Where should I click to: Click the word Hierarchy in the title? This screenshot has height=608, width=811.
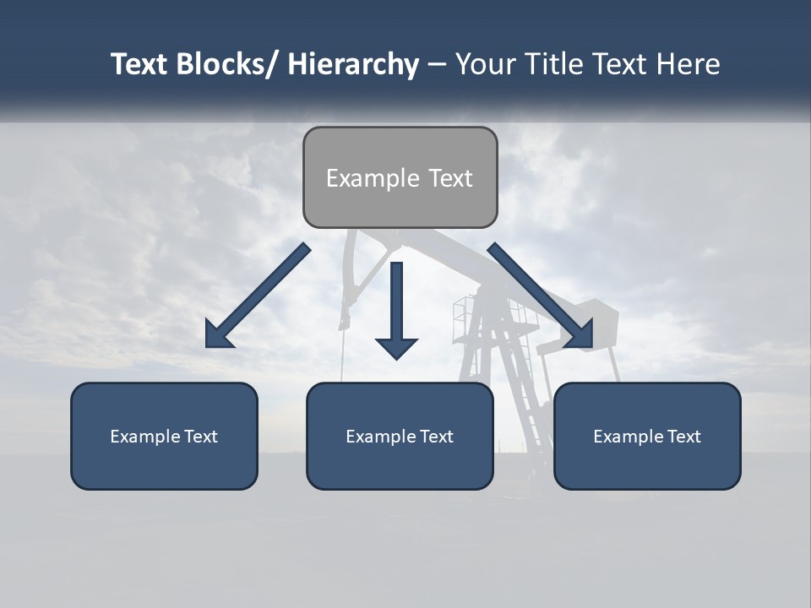[x=353, y=64]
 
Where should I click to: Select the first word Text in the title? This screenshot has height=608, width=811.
[x=139, y=64]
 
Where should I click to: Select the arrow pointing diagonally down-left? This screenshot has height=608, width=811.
[x=259, y=296]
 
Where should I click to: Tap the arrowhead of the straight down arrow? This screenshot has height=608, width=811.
[x=396, y=347]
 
